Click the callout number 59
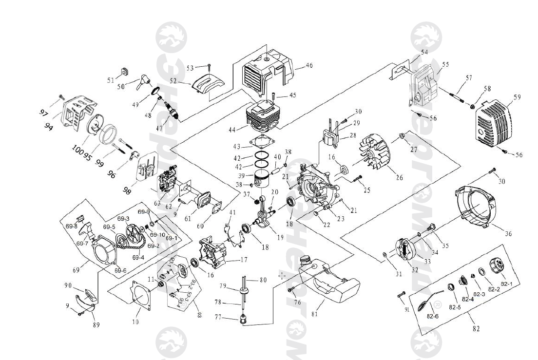pyautogui.click(x=517, y=97)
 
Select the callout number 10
pyautogui.click(x=135, y=322)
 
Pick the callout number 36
pyautogui.click(x=508, y=234)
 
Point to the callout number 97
pyautogui.click(x=44, y=113)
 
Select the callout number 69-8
pyautogui.click(x=72, y=226)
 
